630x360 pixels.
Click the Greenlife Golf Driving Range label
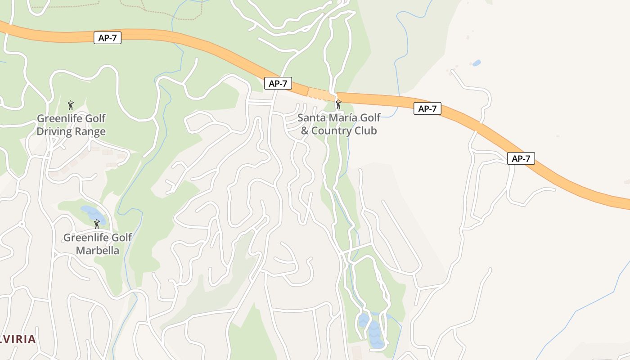click(71, 125)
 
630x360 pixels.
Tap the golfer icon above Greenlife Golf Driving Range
click(71, 106)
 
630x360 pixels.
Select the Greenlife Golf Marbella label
click(97, 244)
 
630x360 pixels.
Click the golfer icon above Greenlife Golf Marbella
click(97, 224)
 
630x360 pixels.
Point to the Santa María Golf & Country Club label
click(339, 124)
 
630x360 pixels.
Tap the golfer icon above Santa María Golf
click(338, 105)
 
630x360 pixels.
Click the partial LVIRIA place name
click(18, 339)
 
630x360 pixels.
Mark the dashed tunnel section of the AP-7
click(321, 94)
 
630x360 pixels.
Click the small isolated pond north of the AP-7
click(477, 63)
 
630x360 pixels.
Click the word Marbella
click(97, 250)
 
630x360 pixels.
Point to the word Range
click(91, 131)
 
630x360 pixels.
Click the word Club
click(367, 131)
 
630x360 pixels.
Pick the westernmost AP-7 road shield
click(108, 38)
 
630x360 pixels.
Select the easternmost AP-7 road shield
click(521, 158)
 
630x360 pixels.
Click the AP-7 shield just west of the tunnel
click(278, 83)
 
